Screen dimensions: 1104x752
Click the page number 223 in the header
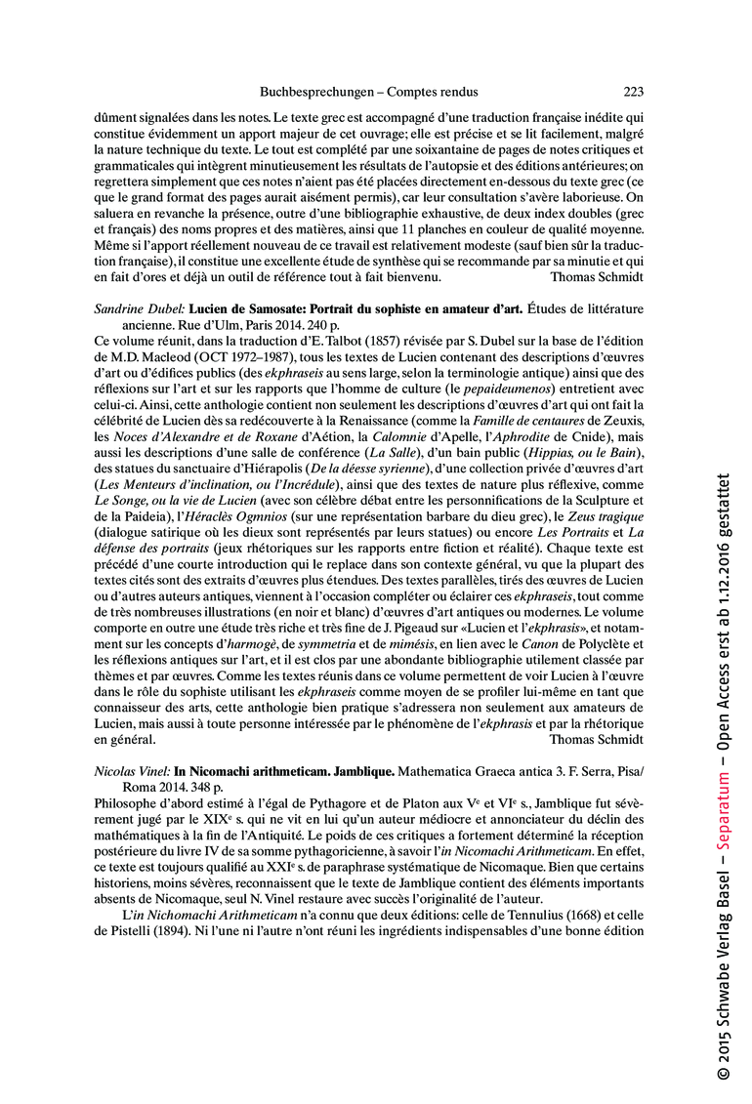point(633,93)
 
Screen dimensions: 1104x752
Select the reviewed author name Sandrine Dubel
point(140,308)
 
